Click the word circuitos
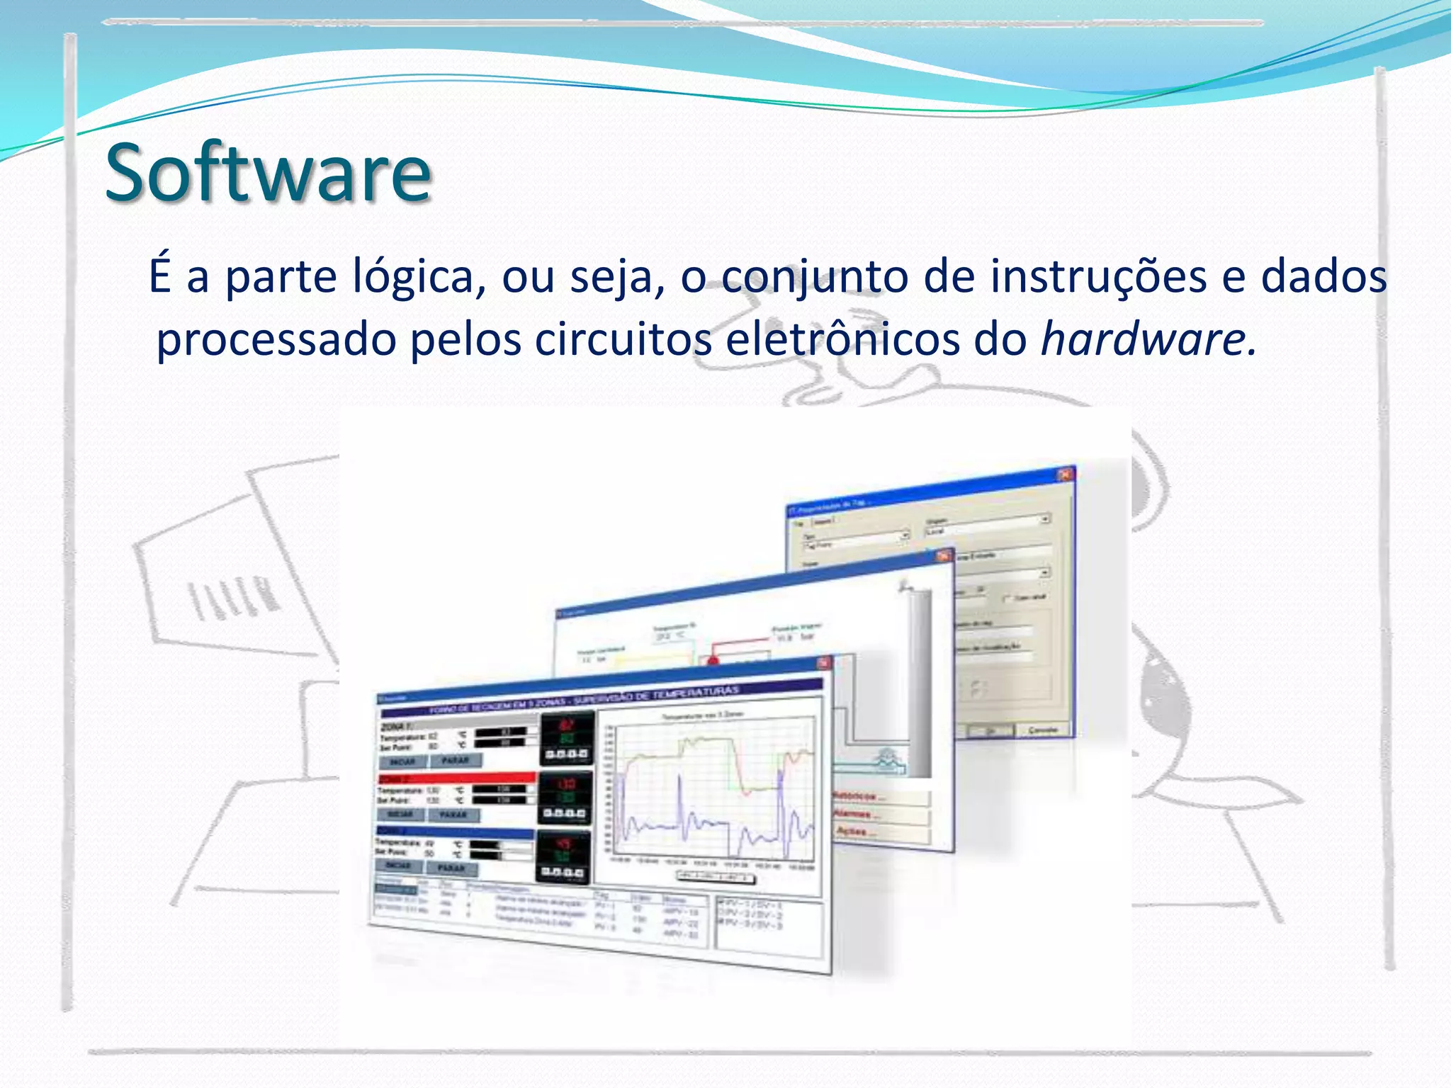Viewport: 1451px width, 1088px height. (623, 339)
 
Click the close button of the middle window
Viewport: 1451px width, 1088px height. (943, 556)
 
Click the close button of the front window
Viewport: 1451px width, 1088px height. (823, 663)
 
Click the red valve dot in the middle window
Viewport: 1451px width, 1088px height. (713, 661)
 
